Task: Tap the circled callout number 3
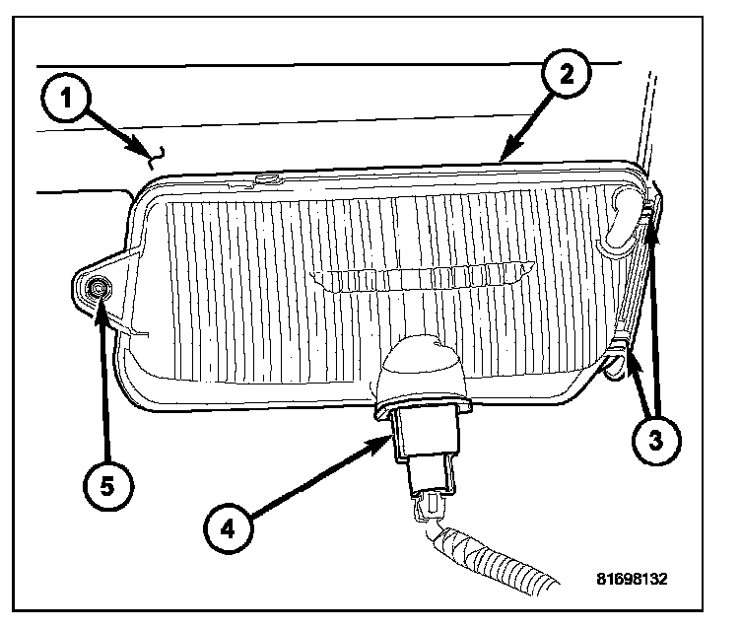(x=654, y=441)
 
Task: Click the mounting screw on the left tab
(x=98, y=287)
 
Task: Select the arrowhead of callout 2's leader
(x=505, y=156)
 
